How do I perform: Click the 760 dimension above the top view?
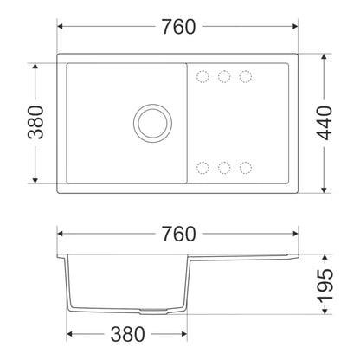178,27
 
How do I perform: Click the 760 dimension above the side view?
178,234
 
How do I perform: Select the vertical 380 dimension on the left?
35,122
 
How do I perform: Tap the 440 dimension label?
325,123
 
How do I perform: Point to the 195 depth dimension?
325,285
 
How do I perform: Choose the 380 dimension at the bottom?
127,334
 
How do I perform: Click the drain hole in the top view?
153,123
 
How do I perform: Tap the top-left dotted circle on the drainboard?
202,77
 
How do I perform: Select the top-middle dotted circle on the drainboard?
224,77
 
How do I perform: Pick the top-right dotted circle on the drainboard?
246,77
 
